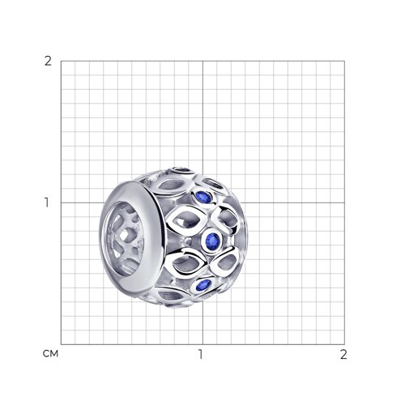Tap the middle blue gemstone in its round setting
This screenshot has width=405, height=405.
point(213,239)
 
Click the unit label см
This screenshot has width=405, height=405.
point(50,354)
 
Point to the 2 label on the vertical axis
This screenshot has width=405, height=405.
point(48,62)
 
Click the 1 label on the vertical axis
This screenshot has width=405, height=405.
point(47,202)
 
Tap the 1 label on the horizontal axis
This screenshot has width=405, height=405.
point(200,354)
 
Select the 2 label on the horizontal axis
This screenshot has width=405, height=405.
point(343,354)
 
